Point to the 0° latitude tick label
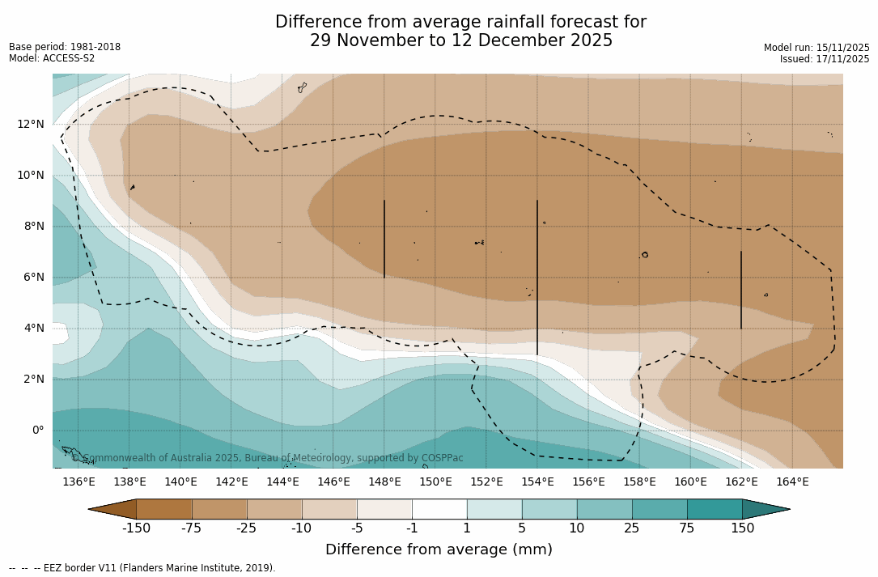37,431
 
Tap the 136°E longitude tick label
78,482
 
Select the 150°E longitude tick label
435,482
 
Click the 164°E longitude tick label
792,482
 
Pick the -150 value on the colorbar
136,528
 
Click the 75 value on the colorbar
687,528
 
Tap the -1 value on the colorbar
412,528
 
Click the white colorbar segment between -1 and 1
439,509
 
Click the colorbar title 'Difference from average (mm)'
439,550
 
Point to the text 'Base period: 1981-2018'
65,47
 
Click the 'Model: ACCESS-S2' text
52,58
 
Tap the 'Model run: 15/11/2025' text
816,48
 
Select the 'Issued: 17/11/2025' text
825,59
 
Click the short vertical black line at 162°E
740,290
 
